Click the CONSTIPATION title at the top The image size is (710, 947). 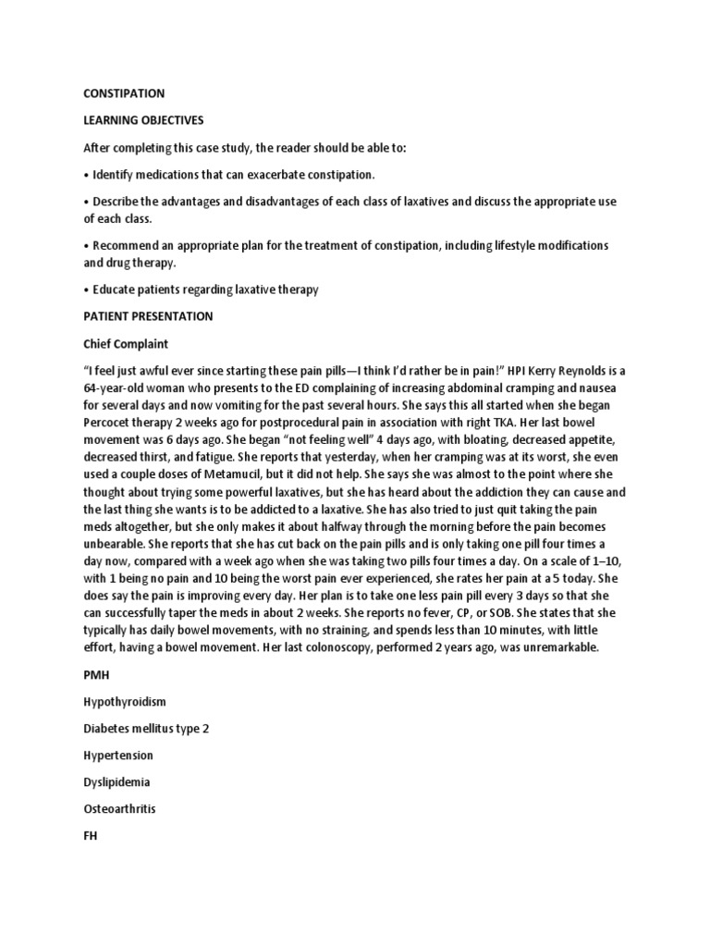[x=125, y=93]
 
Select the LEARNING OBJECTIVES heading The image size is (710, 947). [x=143, y=120]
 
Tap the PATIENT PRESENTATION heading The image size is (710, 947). [x=148, y=316]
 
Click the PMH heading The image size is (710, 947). [x=96, y=675]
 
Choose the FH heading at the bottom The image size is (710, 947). [x=91, y=836]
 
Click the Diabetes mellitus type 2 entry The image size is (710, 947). [x=147, y=729]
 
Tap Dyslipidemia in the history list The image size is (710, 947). [x=117, y=782]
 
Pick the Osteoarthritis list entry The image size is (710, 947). [x=120, y=809]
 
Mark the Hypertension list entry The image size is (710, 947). [x=118, y=756]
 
